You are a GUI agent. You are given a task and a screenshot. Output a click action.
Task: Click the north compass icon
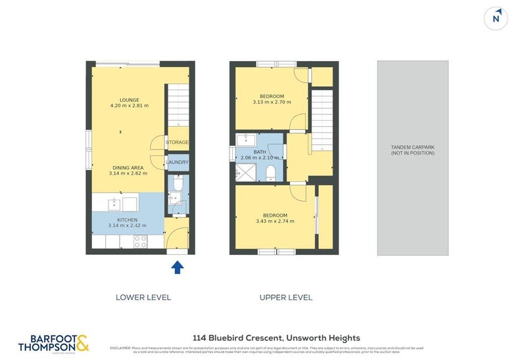click(x=496, y=18)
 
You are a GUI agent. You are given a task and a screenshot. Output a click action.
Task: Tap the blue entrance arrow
click(x=177, y=267)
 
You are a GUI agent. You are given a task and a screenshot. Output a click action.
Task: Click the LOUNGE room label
click(x=129, y=100)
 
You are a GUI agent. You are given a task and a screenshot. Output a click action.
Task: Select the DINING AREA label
click(x=128, y=168)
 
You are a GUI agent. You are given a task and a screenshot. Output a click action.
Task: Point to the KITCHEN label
click(x=128, y=219)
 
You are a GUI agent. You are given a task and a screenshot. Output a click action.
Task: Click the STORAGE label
click(x=177, y=143)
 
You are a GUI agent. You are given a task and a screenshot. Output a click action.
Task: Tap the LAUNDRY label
click(x=178, y=162)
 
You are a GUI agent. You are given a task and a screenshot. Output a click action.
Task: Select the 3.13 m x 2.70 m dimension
click(x=272, y=102)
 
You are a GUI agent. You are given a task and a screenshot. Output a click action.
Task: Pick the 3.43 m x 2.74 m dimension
click(x=274, y=221)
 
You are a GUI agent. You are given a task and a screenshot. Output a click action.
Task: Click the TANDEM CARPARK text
click(x=413, y=147)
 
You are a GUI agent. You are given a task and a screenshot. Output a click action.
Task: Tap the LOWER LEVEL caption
click(x=143, y=298)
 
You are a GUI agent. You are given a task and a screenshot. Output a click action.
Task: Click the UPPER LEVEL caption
click(x=286, y=298)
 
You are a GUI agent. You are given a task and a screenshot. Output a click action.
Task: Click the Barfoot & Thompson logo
click(x=53, y=343)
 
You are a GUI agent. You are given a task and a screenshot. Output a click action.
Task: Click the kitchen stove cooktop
click(x=141, y=241)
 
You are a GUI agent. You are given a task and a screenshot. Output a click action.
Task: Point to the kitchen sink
click(x=114, y=202)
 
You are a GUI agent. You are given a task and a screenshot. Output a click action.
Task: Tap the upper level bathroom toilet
click(x=271, y=173)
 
